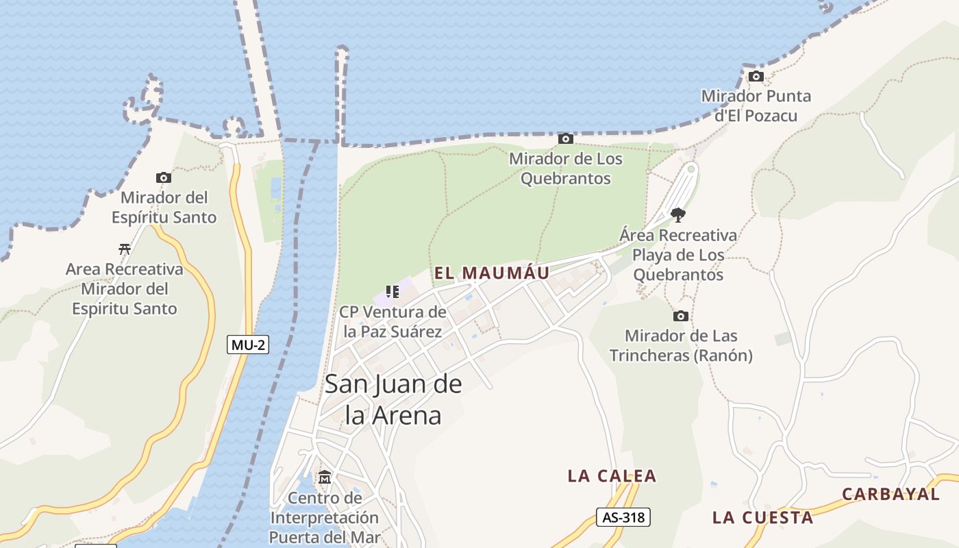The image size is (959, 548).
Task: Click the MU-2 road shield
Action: pos(248,345)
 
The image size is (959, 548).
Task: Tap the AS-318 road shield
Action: pos(623,517)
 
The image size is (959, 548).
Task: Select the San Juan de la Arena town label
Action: pos(393,399)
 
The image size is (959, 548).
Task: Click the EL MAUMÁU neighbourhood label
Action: pos(492,273)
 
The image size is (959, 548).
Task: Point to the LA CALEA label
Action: pos(612,475)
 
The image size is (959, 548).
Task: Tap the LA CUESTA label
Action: pos(762,517)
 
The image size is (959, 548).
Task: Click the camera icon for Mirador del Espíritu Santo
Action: pos(163,178)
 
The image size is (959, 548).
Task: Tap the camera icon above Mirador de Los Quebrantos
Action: pos(565,139)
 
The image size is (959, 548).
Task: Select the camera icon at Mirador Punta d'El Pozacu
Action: pos(756,76)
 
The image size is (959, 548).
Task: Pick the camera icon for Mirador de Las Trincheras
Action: pos(680,316)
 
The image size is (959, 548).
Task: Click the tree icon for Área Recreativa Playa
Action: pos(678,215)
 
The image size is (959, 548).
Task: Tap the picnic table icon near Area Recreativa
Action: pos(124,249)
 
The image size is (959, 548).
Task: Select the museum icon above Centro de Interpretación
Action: pos(325,477)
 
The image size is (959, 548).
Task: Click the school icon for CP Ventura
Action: pos(393,292)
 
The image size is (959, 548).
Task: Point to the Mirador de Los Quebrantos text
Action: pos(565,169)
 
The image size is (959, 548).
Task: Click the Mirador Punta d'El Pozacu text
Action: pos(756,105)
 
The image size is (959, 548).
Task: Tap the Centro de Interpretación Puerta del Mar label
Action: pos(325,517)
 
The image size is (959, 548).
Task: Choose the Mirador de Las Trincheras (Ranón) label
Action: pos(681,345)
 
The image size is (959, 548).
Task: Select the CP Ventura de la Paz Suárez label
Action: pos(393,322)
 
